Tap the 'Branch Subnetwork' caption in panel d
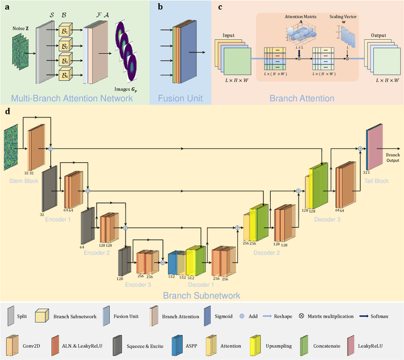202,295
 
